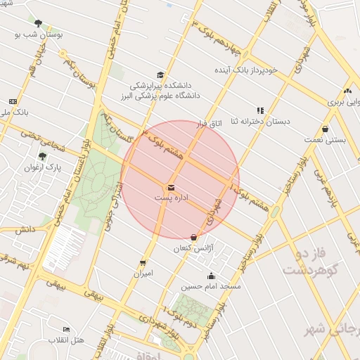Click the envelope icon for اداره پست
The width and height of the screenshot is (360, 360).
click(x=171, y=187)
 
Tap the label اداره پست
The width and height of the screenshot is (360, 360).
click(x=171, y=198)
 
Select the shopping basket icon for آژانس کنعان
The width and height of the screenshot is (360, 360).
click(x=194, y=237)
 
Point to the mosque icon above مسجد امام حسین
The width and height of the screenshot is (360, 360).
click(x=210, y=276)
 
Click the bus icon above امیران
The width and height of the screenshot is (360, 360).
click(x=143, y=262)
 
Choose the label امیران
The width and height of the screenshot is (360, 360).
click(x=143, y=273)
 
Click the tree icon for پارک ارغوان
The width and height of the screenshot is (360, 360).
click(x=43, y=156)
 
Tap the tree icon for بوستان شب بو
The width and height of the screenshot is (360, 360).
click(x=38, y=22)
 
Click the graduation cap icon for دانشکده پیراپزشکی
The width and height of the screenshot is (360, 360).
click(x=160, y=75)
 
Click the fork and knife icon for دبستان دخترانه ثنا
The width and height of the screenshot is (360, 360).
click(x=260, y=110)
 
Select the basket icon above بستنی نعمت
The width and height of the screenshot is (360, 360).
click(x=325, y=129)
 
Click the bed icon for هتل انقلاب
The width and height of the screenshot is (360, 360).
click(x=67, y=329)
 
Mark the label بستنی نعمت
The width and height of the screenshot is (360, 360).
click(x=324, y=140)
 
